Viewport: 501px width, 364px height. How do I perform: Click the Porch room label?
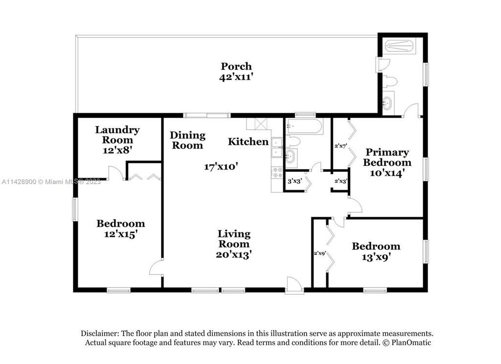point(236,67)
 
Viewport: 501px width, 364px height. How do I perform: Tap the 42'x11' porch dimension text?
point(236,77)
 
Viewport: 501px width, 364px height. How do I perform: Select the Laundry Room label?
point(117,135)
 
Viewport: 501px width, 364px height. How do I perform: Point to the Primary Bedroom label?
point(387,157)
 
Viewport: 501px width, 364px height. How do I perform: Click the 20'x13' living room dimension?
point(234,255)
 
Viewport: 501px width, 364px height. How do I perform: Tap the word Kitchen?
point(248,141)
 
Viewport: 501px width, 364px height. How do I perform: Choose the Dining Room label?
point(187,140)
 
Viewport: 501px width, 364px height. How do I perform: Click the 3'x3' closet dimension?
point(295,181)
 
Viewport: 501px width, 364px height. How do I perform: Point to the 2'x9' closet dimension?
point(319,253)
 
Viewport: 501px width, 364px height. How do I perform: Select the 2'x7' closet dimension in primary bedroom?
point(341,146)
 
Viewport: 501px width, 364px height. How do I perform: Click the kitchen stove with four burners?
point(277,173)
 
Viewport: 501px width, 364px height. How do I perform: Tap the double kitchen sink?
point(277,148)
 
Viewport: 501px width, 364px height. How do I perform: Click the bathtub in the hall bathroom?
point(303,126)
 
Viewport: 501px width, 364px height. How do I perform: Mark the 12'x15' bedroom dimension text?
point(121,234)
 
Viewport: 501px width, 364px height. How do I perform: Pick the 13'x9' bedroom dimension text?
point(376,257)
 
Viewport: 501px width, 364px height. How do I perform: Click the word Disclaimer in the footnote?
point(100,333)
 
